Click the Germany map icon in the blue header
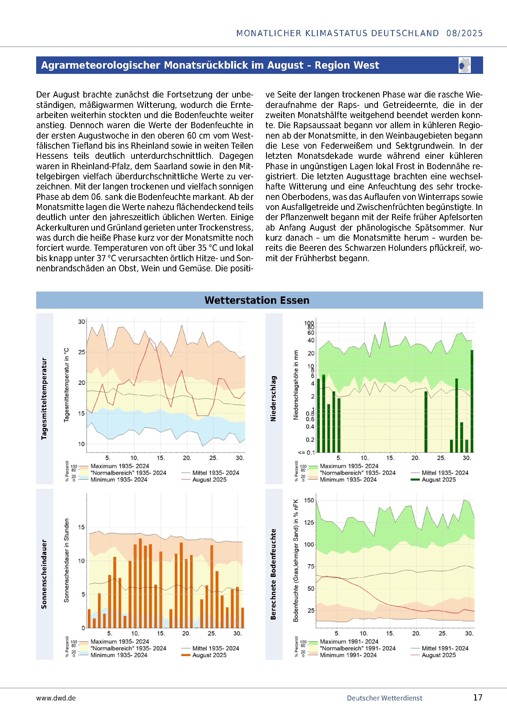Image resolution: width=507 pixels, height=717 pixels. (x=464, y=65)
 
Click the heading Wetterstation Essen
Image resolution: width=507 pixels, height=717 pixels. (x=257, y=300)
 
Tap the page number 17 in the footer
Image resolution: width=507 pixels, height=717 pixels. (x=478, y=698)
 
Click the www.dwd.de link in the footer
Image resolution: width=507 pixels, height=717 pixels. (x=56, y=698)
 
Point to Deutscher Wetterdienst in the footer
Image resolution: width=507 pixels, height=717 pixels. (x=384, y=698)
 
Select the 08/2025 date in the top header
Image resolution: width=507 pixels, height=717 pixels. (x=464, y=33)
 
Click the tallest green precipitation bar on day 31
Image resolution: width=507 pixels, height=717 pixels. (x=472, y=401)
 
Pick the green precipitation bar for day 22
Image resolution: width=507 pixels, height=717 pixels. (x=426, y=421)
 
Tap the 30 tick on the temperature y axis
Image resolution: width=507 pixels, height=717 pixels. (x=82, y=322)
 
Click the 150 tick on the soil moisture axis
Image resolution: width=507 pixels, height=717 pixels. (x=309, y=500)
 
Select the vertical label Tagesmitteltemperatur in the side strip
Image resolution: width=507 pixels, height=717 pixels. (x=44, y=399)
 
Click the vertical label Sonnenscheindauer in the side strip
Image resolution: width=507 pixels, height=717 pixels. (x=44, y=574)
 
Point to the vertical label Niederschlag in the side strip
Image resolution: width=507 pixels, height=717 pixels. (x=273, y=399)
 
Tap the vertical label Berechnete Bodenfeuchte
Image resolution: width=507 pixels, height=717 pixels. (x=273, y=574)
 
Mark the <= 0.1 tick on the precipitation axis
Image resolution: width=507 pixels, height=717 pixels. (x=306, y=452)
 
